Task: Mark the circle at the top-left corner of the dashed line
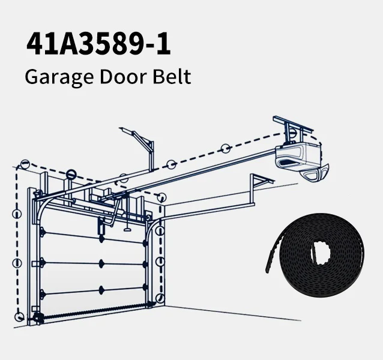point(25,163)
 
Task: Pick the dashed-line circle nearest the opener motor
point(225,148)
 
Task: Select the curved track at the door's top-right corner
point(154,223)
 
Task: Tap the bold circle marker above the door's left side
point(70,175)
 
